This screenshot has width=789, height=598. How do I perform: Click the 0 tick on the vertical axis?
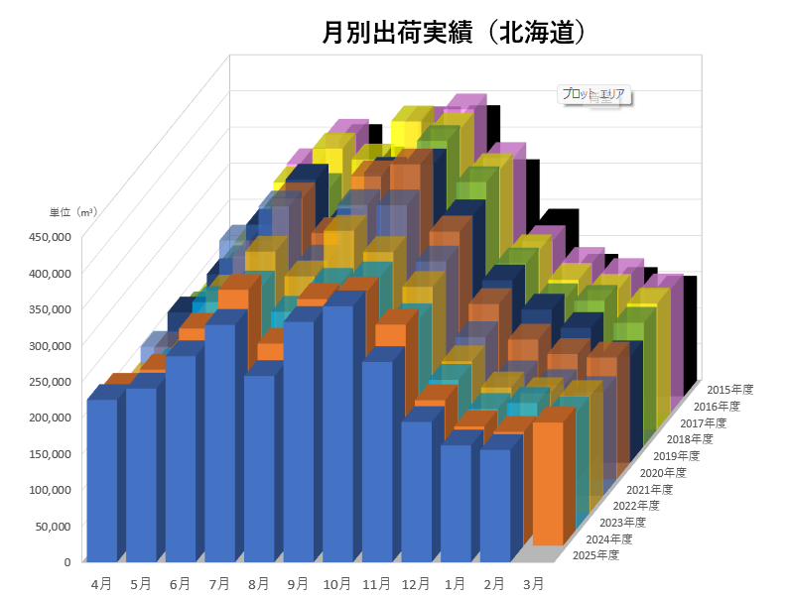tap(66, 561)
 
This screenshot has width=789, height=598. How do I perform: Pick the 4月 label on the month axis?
tap(100, 584)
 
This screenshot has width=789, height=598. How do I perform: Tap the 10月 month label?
tap(337, 584)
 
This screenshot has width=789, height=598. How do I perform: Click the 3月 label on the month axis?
tap(533, 584)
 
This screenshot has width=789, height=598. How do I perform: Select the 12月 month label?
tap(417, 584)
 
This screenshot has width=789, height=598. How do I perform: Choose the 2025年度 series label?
tap(595, 555)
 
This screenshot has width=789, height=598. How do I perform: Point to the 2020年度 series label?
tap(663, 472)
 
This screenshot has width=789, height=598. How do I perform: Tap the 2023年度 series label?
tap(622, 522)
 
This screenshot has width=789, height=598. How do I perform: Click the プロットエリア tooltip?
tap(593, 94)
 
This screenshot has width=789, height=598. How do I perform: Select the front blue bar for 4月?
tap(102, 481)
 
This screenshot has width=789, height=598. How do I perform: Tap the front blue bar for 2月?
tap(494, 506)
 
